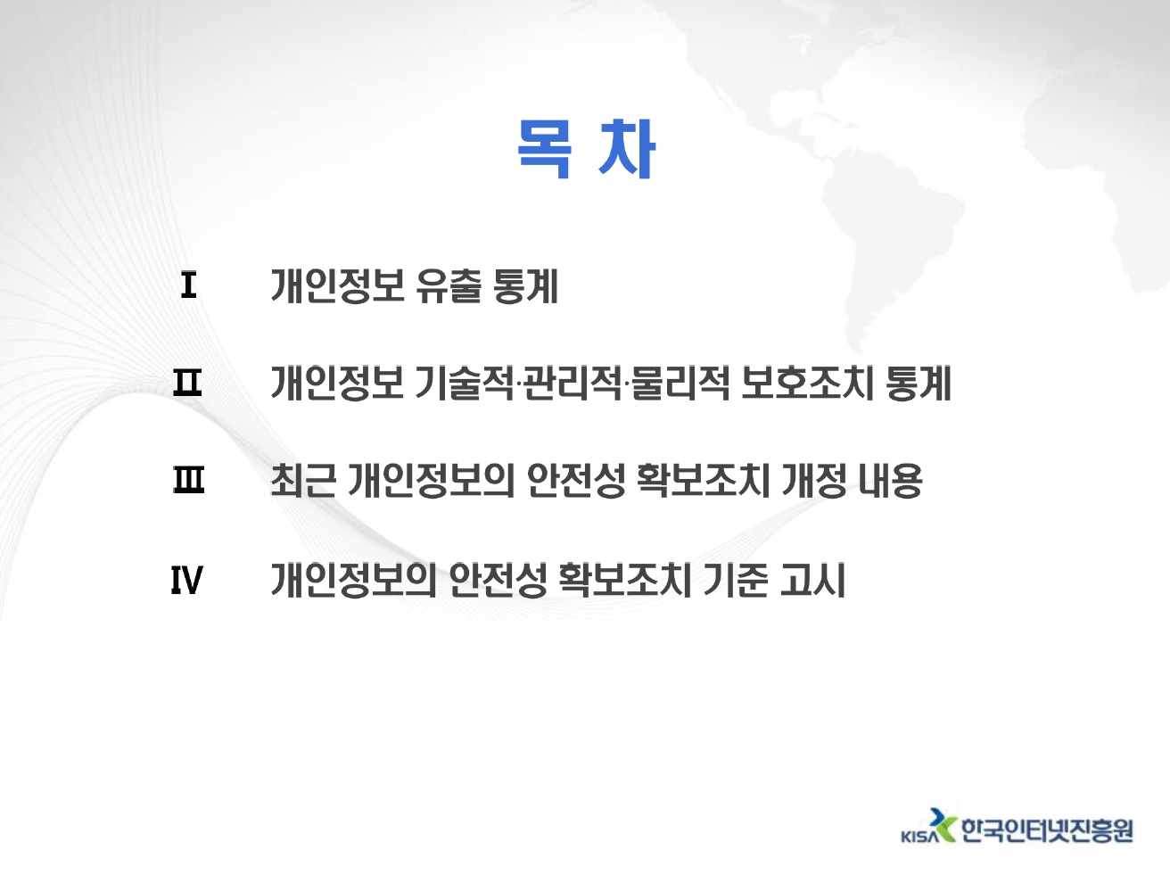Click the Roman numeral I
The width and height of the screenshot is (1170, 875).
(x=188, y=285)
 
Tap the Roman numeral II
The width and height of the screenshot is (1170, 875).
(x=187, y=384)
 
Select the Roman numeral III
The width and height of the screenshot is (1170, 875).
(x=188, y=480)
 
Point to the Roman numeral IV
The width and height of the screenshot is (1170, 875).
(x=186, y=580)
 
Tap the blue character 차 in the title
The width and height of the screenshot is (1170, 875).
(x=626, y=148)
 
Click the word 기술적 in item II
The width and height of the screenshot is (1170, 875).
(x=465, y=384)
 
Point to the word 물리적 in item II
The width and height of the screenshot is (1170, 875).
(x=679, y=384)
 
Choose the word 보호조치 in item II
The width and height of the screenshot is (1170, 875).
(x=807, y=384)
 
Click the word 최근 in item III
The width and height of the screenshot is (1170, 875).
(x=303, y=481)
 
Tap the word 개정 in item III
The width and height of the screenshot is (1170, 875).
(x=814, y=481)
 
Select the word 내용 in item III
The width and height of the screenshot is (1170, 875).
(x=890, y=481)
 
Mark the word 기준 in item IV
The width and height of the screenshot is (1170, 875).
(x=736, y=580)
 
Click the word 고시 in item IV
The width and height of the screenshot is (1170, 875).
(x=812, y=580)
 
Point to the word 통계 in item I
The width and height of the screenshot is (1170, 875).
(x=526, y=286)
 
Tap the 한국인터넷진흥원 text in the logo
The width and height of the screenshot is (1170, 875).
(x=1047, y=830)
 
